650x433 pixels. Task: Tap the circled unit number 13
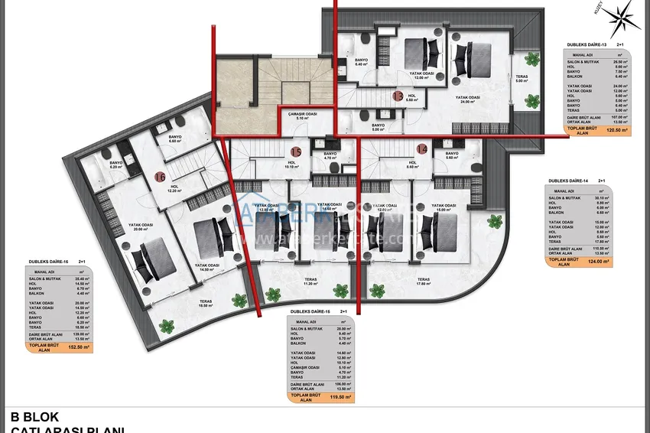398,96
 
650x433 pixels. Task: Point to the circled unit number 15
296,151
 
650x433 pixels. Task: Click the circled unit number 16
159,177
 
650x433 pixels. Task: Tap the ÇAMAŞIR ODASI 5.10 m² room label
302,116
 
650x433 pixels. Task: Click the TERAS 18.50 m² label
206,304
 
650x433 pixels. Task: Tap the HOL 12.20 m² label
174,189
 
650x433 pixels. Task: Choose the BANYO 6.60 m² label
174,139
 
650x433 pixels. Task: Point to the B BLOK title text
35,418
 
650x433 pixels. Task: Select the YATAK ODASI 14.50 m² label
206,267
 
